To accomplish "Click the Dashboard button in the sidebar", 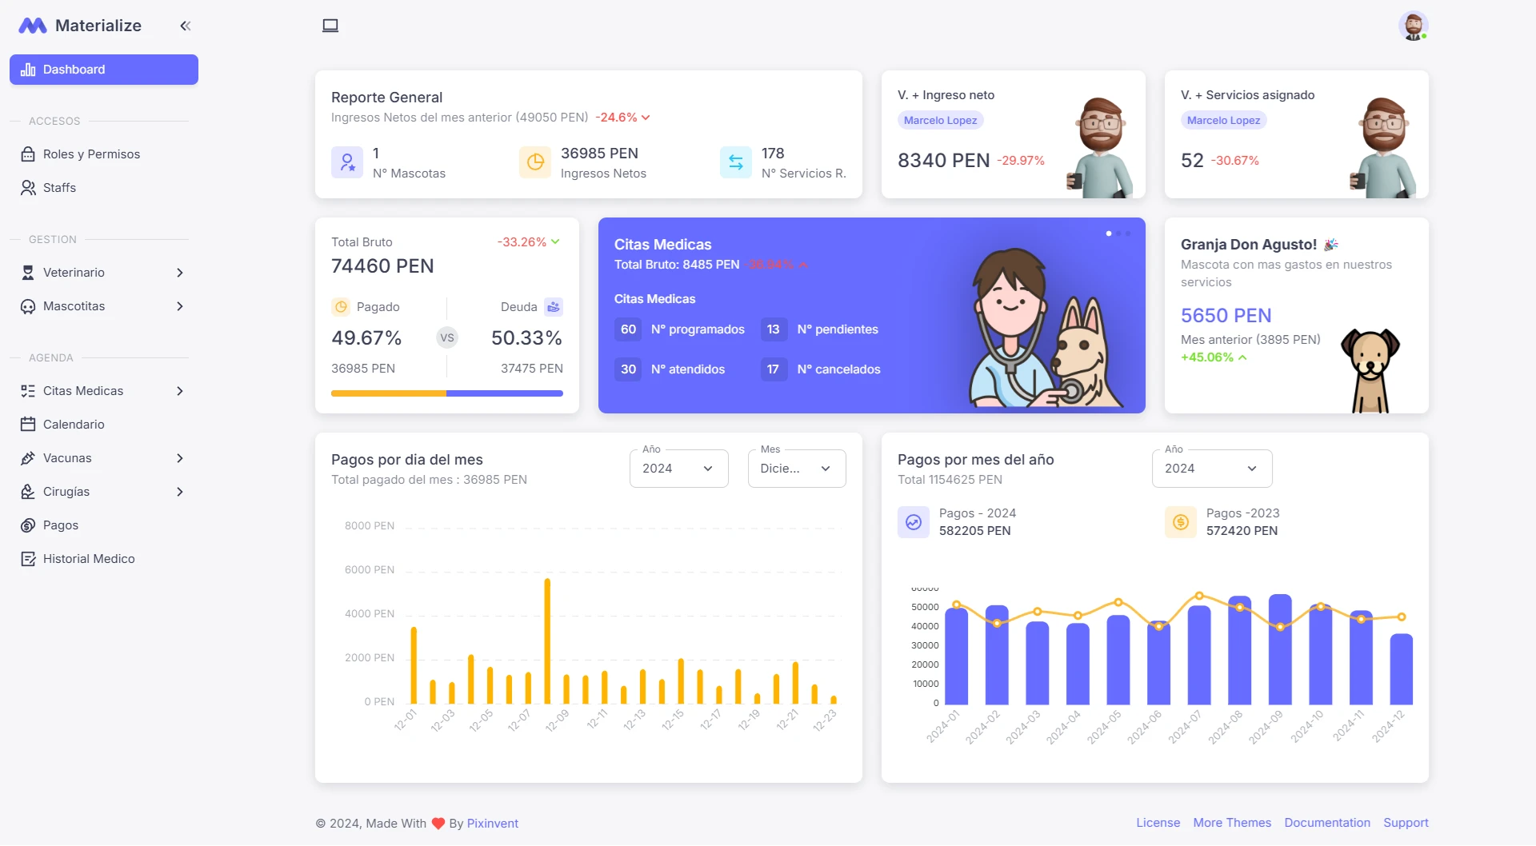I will point(104,70).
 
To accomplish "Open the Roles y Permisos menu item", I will point(91,154).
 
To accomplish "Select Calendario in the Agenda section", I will point(74,425).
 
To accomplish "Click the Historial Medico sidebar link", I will point(89,559).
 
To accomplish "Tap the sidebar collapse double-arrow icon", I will point(186,26).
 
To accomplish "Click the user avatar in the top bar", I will point(1413,26).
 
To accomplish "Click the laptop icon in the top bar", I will point(330,26).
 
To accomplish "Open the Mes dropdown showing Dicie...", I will point(796,469).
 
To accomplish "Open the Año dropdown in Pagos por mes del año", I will point(1211,469).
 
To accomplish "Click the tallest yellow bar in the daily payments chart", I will point(547,640).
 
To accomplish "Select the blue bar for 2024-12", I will point(1401,668).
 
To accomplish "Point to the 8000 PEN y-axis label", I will point(370,526).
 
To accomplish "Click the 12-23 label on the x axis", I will point(825,720).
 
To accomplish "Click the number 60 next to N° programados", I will point(628,329).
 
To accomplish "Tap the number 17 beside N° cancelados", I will point(773,369).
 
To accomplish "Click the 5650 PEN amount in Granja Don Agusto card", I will point(1226,316).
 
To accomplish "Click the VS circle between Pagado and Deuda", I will point(447,337).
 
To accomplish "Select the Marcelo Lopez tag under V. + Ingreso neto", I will point(940,121).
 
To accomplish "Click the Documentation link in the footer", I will point(1326,823).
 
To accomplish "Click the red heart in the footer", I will point(438,824).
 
